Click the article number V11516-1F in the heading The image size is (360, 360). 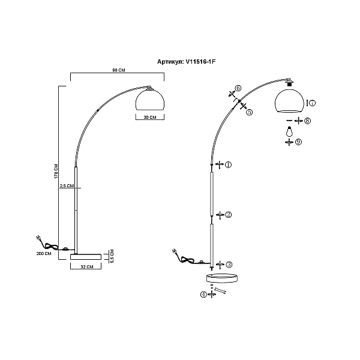(x=200, y=62)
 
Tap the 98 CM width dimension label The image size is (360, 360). (x=119, y=70)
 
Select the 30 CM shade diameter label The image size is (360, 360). (x=149, y=118)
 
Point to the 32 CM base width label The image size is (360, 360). (x=87, y=267)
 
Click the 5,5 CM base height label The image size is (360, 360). (x=112, y=256)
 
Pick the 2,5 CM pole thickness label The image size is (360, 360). (x=67, y=185)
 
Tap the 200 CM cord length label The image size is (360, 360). (x=44, y=253)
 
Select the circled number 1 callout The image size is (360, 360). (x=228, y=164)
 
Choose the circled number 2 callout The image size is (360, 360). (x=228, y=215)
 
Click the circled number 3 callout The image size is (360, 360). (x=229, y=265)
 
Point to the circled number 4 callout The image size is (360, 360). (x=203, y=295)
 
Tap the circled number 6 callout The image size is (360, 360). (x=238, y=88)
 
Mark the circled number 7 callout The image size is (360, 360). (x=312, y=103)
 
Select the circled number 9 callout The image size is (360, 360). (x=298, y=142)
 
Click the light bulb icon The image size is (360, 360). (x=290, y=131)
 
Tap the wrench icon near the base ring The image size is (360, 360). (x=220, y=290)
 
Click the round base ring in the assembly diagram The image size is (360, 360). (x=222, y=278)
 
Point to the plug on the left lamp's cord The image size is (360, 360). (x=39, y=238)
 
